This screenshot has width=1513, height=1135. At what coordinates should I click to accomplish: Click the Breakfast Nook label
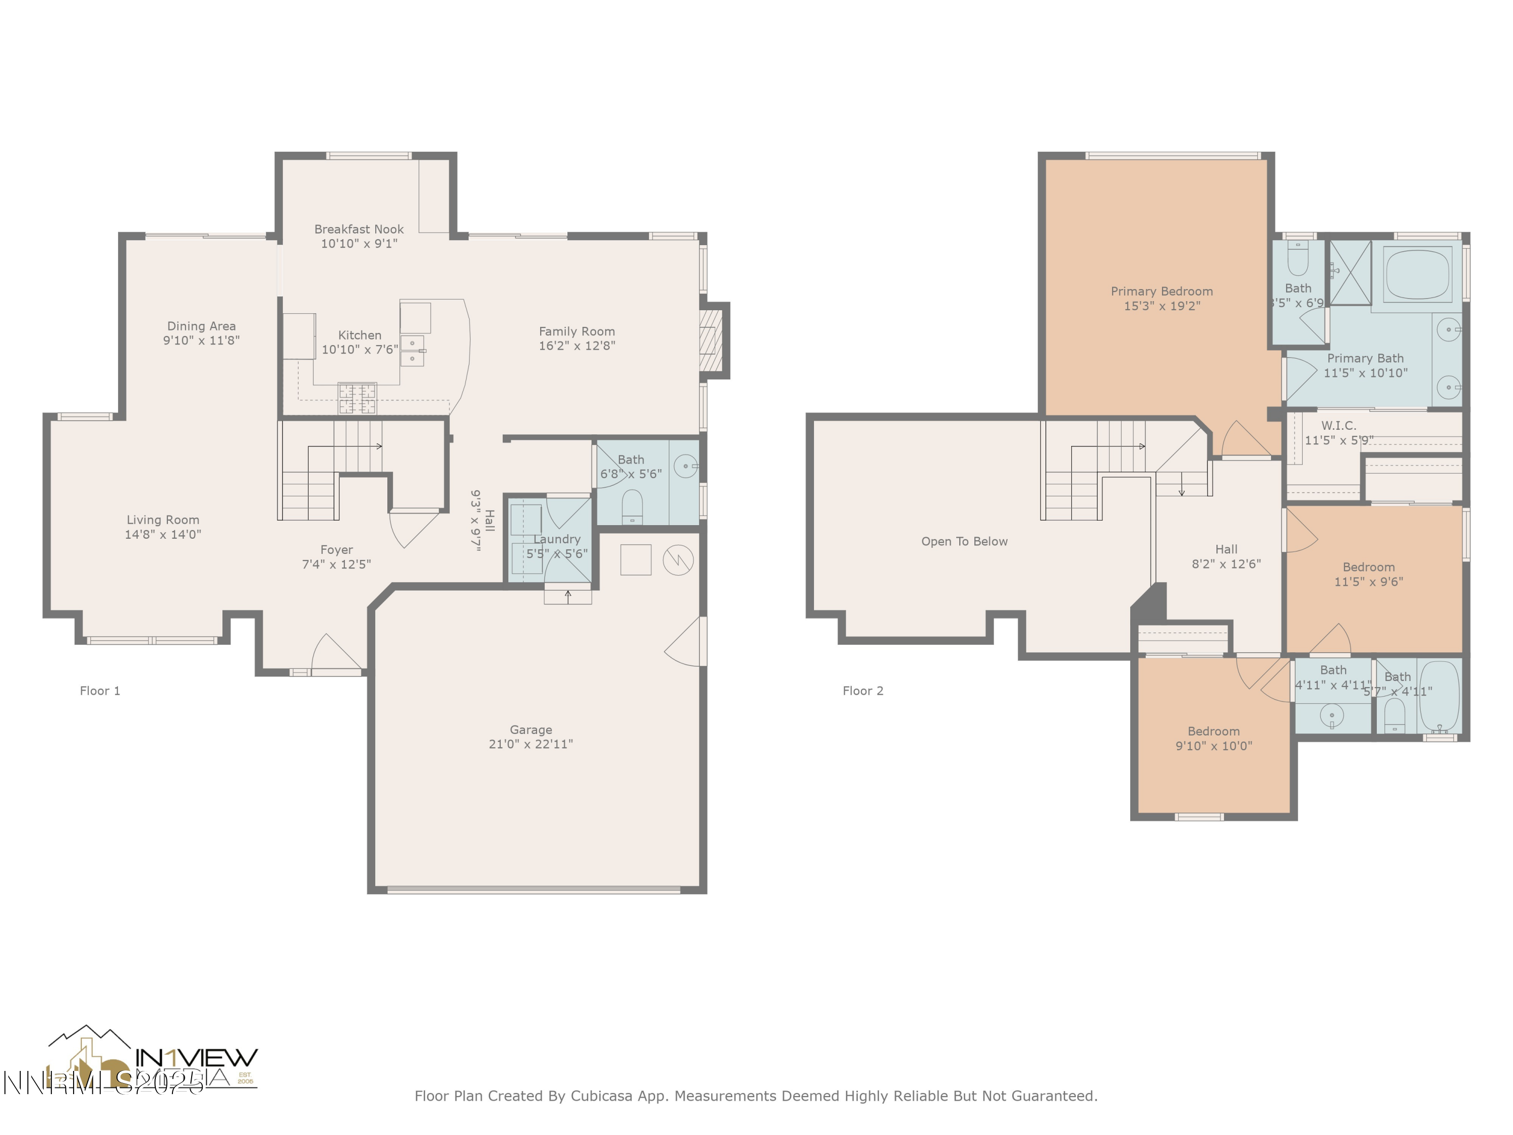(359, 229)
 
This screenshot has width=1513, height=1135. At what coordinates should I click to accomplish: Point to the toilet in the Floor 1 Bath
(632, 506)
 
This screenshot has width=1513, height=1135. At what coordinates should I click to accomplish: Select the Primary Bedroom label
(1161, 292)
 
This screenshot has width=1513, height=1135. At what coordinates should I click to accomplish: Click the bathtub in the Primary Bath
(1417, 273)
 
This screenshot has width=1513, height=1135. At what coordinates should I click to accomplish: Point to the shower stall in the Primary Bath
(1350, 272)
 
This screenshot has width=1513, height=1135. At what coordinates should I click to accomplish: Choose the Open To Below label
(964, 541)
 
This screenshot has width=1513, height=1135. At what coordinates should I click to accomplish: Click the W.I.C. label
(1339, 426)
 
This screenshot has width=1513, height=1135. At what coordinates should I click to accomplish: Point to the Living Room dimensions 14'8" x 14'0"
(163, 534)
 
